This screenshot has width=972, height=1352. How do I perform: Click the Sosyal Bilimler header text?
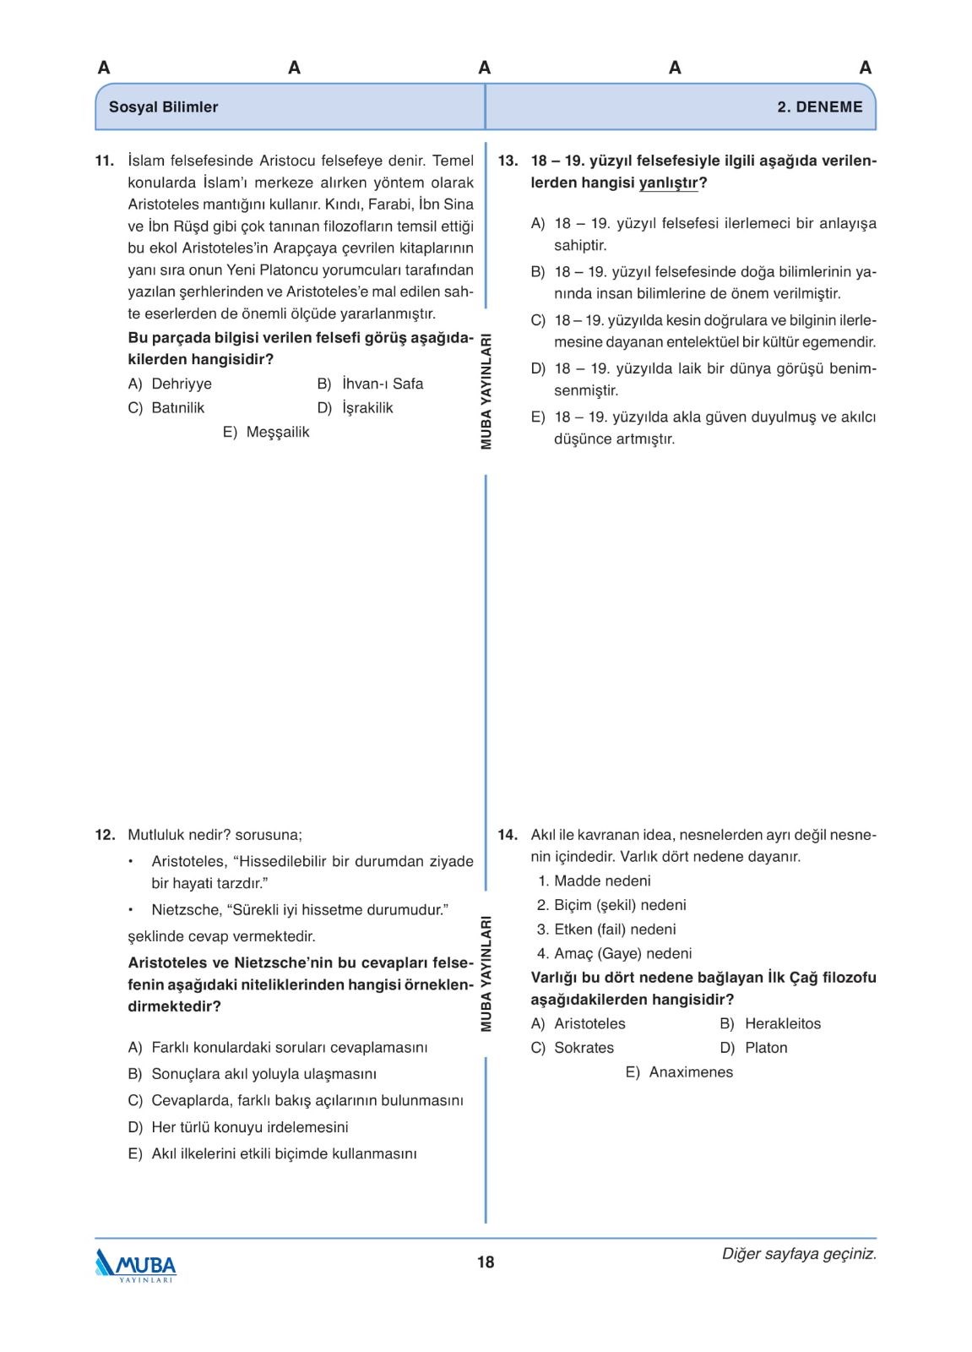coord(163,107)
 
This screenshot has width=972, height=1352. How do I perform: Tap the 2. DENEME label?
coord(819,107)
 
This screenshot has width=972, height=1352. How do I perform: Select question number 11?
coord(104,161)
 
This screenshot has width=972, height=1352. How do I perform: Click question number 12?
coord(104,835)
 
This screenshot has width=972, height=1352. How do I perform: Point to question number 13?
coord(508,161)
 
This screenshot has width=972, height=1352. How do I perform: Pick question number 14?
coord(508,835)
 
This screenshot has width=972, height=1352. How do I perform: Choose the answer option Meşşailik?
coord(278,432)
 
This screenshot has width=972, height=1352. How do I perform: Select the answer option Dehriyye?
coord(182,384)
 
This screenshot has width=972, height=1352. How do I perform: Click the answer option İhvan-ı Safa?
coord(383,384)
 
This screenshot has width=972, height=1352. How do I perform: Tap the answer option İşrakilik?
coord(367,408)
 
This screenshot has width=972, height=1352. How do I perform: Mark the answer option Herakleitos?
coord(782,1023)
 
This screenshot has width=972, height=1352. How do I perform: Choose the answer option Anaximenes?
coord(691,1072)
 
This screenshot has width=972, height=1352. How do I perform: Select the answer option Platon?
coord(766,1048)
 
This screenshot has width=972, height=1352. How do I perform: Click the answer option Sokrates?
coord(584,1048)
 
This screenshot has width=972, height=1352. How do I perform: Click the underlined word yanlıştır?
coord(668,183)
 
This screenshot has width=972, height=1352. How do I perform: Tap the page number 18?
coord(486,1262)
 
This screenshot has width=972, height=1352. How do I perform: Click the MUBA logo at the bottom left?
coord(136,1265)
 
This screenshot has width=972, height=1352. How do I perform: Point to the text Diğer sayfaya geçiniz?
coord(799,1254)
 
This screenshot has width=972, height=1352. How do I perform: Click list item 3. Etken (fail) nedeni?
coord(606,929)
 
